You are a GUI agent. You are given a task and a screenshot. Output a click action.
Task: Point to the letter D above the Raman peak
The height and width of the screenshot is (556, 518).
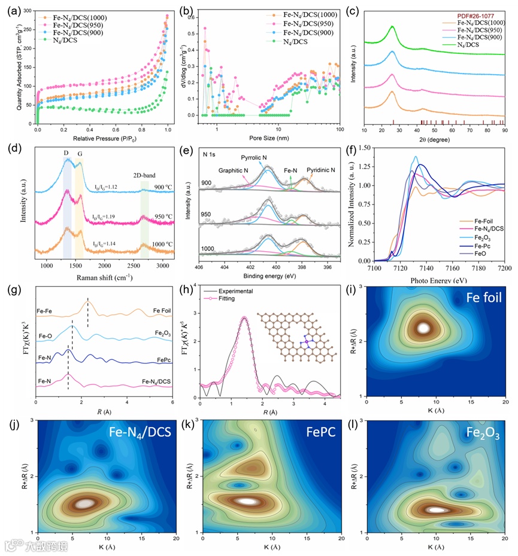66,153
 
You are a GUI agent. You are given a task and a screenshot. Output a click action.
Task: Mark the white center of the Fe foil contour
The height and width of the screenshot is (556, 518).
425,328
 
